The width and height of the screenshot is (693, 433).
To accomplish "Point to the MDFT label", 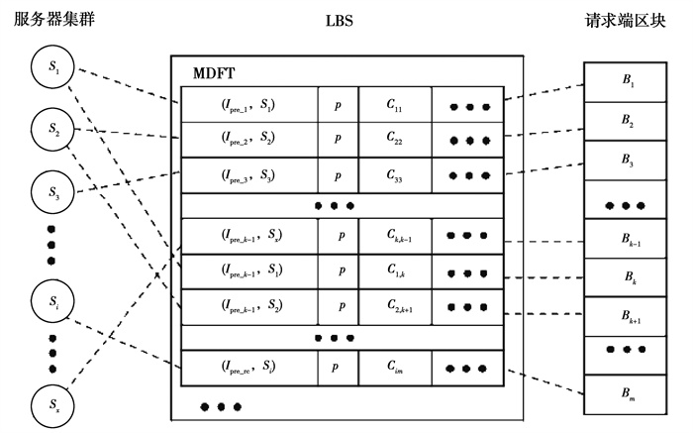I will (x=217, y=74).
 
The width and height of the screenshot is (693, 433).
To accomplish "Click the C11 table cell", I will (x=394, y=104).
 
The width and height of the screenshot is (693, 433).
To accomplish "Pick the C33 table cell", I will (x=394, y=175).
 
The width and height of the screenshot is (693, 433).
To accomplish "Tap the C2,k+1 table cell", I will (x=394, y=306).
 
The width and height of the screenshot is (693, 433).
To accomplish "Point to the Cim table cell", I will (x=394, y=369).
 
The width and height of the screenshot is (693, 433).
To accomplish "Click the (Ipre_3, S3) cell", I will (x=248, y=175).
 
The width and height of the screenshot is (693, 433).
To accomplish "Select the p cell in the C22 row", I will (x=338, y=140).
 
